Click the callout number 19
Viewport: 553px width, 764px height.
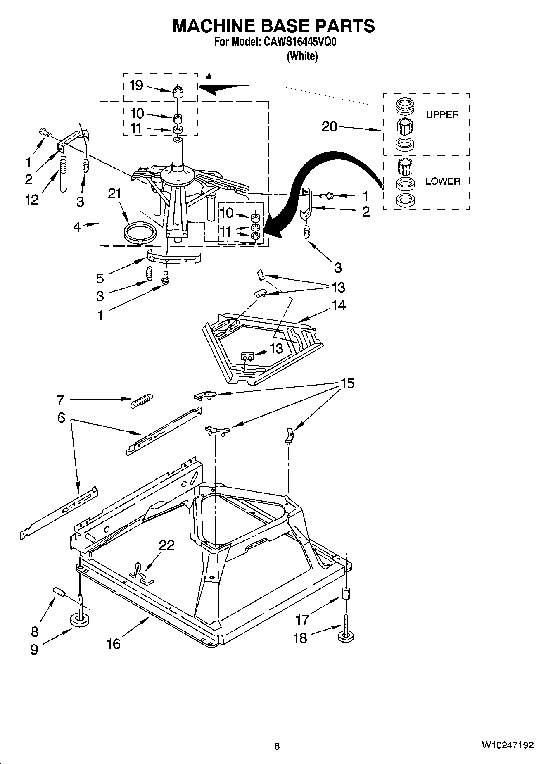click(x=136, y=85)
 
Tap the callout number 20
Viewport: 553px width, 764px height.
click(x=329, y=126)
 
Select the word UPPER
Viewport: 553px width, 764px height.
click(x=442, y=115)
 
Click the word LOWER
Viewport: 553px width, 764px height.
click(x=443, y=181)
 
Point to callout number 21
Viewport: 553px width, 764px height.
click(x=114, y=193)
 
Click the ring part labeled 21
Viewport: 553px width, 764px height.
click(x=140, y=232)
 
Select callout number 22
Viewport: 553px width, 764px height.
click(x=166, y=545)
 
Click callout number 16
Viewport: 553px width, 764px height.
click(x=114, y=643)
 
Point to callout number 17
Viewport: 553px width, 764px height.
click(x=302, y=619)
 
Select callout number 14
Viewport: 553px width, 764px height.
click(x=338, y=305)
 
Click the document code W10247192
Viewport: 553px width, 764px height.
click(x=507, y=745)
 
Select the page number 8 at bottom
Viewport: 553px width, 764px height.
click(x=277, y=746)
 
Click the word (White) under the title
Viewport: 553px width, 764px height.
click(x=302, y=56)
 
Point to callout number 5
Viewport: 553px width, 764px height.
click(x=100, y=278)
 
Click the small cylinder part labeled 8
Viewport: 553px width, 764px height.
click(x=59, y=592)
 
